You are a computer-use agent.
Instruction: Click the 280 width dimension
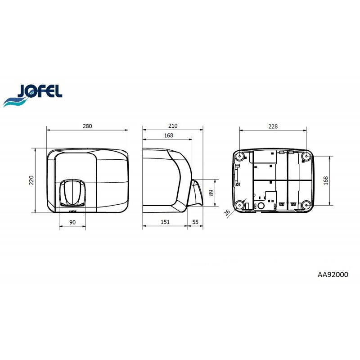pos(87,126)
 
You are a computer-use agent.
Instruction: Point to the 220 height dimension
pos(31,180)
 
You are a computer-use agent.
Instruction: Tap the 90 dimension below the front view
pos(72,222)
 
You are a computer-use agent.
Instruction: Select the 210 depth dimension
pos(173,126)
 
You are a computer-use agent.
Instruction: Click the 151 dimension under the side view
pos(165,222)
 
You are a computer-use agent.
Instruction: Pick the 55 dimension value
pos(195,222)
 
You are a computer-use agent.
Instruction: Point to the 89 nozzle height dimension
pos(211,193)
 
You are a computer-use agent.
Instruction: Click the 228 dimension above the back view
pos(273,126)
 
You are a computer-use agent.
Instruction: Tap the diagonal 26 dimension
pos(227,212)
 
